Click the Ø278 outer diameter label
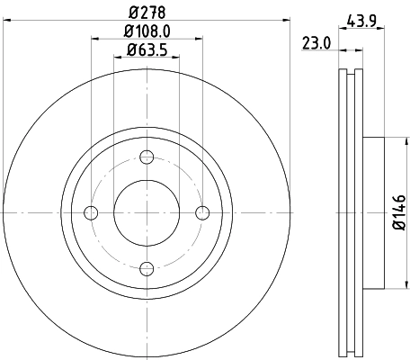pyautogui.click(x=147, y=12)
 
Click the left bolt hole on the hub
pyautogui.click(x=90, y=212)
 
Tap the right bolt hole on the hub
pyautogui.click(x=202, y=212)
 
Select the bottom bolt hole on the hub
pyautogui.click(x=147, y=267)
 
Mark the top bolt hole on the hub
pyautogui.click(x=147, y=157)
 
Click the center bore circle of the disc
pyautogui.click(x=147, y=212)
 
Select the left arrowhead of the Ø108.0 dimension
pyautogui.click(x=94, y=38)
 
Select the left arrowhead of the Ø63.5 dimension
pyautogui.click(x=118, y=56)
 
